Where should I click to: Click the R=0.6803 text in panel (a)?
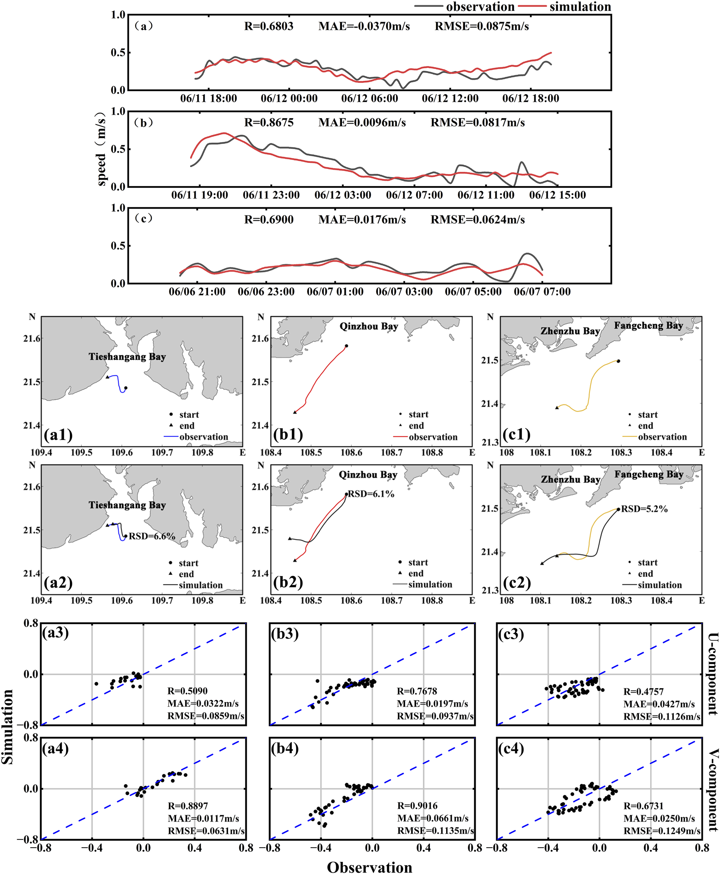[269, 26]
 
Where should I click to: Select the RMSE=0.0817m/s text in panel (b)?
[477, 123]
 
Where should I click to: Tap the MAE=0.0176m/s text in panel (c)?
[362, 220]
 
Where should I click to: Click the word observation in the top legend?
[480, 7]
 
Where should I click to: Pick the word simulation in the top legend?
[580, 7]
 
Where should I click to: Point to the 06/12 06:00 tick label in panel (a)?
[369, 99]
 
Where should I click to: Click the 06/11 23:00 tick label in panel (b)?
[271, 195]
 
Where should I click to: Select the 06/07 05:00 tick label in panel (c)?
[473, 292]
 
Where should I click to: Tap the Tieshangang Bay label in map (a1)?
[127, 357]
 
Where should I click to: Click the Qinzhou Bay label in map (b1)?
[369, 326]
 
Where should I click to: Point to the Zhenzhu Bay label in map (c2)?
[571, 479]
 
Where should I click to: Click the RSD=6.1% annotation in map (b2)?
[371, 494]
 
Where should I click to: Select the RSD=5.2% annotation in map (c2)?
[644, 509]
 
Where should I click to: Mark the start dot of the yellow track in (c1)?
[618, 361]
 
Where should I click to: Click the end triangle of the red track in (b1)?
[295, 412]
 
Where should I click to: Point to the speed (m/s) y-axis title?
[101, 150]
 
